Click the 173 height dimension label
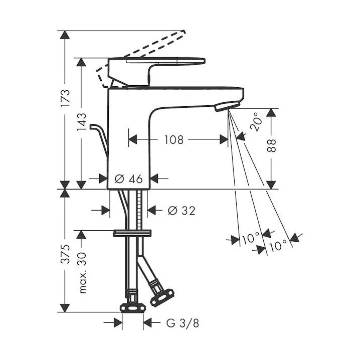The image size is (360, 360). point(65,98)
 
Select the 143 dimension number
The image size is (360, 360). point(81,122)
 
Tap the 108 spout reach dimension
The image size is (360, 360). point(174,139)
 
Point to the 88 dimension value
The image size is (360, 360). point(271,145)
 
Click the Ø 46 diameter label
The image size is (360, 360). point(128,178)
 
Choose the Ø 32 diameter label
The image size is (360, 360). point(182,210)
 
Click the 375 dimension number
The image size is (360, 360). point(65,254)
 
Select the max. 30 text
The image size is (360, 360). point(82,273)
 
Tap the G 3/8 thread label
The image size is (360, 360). point(183,323)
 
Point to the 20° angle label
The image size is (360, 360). point(256,122)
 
